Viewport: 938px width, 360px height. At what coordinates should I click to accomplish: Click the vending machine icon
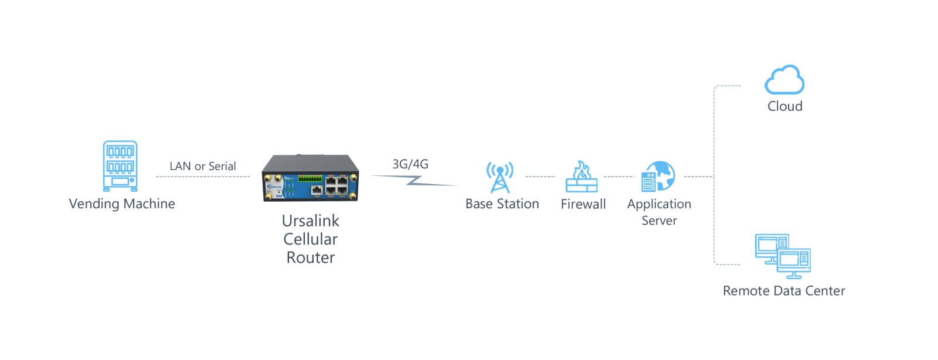(120, 166)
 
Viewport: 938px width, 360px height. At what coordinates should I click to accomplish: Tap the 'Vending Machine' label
(122, 204)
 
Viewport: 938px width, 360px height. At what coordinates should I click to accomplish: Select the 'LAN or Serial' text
(203, 166)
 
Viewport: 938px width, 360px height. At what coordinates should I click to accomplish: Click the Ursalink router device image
(310, 178)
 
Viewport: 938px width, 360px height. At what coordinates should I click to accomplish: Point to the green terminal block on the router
(310, 179)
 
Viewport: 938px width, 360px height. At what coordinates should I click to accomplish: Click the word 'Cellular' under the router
(310, 239)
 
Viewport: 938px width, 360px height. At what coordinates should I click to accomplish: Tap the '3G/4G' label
(410, 164)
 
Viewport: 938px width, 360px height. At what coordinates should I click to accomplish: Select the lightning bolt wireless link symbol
(414, 181)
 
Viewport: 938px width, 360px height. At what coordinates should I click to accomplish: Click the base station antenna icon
(499, 177)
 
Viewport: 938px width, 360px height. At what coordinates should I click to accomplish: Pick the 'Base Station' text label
(502, 204)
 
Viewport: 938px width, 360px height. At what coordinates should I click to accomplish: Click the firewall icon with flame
(582, 176)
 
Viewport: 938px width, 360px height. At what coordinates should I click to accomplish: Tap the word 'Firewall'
(583, 204)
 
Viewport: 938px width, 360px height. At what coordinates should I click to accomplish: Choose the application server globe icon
(658, 176)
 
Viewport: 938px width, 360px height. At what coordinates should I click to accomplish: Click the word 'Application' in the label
(659, 205)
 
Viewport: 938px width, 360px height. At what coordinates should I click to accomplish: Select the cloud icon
(784, 80)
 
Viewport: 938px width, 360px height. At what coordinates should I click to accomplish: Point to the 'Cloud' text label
(785, 106)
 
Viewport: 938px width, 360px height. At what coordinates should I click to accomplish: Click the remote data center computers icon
(783, 256)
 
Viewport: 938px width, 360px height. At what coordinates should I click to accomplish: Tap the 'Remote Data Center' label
(784, 291)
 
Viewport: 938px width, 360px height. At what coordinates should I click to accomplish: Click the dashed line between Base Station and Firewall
(540, 176)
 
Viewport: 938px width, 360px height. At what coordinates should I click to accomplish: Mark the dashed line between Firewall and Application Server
(619, 176)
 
